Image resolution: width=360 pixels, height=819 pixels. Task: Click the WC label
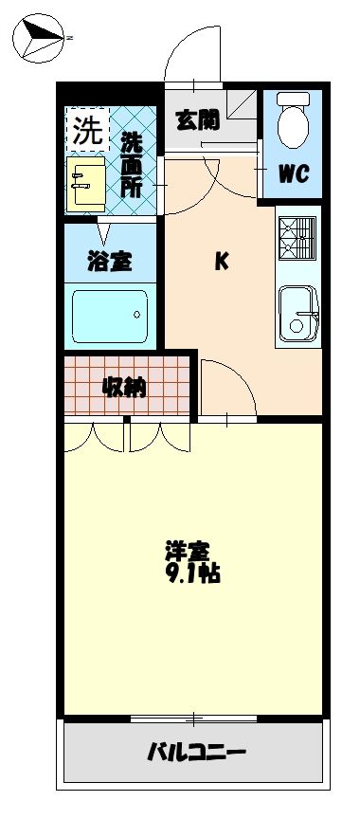(x=292, y=174)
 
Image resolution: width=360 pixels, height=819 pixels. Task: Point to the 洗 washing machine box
(x=86, y=132)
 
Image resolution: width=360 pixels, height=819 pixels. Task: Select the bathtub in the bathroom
(x=109, y=311)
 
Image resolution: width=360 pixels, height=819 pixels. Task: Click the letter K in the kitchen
(x=220, y=263)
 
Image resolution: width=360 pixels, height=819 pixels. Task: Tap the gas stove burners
(x=297, y=238)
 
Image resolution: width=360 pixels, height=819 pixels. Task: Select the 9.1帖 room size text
(x=193, y=574)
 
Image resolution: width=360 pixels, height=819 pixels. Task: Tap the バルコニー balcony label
(x=197, y=754)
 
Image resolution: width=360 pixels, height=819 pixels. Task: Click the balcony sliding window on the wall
(x=193, y=719)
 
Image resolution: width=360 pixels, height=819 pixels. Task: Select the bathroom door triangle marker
(x=102, y=228)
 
